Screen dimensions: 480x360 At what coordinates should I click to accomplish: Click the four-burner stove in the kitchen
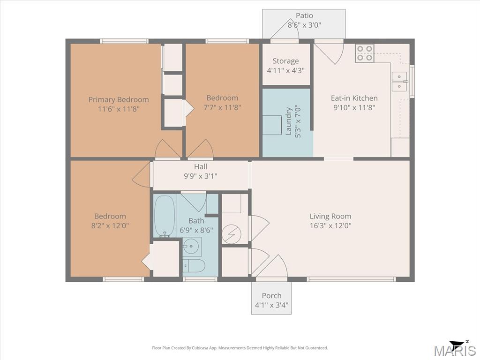[365, 53]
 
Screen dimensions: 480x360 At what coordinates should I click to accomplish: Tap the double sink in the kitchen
[399, 82]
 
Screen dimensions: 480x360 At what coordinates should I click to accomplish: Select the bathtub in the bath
[165, 217]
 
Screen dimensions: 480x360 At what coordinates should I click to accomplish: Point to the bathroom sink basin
[192, 246]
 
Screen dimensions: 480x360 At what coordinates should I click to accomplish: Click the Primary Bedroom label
[119, 99]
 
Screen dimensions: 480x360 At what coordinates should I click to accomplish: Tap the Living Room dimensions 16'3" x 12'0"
[330, 225]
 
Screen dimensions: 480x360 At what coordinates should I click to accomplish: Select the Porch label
[271, 295]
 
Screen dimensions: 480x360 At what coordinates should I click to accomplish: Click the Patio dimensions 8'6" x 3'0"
[304, 25]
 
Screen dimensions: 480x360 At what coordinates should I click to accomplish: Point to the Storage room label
[285, 61]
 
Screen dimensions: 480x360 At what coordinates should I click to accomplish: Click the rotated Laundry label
[288, 121]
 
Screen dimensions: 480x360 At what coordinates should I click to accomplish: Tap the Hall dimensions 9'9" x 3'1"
[201, 176]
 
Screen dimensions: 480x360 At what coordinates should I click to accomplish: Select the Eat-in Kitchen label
[354, 98]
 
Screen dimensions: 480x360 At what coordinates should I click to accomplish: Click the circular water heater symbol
[232, 234]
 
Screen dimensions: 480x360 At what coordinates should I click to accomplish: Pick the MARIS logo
[454, 349]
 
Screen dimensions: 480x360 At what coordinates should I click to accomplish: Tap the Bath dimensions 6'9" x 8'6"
[196, 230]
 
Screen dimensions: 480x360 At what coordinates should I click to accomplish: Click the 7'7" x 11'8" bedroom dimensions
[222, 107]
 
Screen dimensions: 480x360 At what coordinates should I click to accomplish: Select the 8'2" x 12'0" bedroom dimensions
[110, 225]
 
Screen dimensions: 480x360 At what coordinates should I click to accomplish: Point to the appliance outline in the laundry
[272, 125]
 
